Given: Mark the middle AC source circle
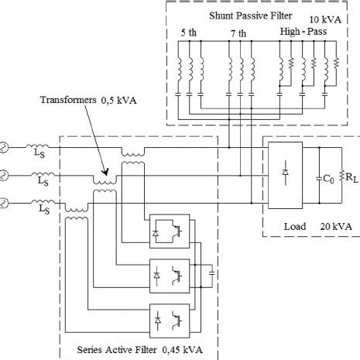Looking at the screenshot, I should click(x=3, y=176).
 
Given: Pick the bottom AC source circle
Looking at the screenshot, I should click(x=3, y=204).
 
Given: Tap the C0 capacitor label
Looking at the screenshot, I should click(x=327, y=179).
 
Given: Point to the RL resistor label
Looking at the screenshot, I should click(x=351, y=179).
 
